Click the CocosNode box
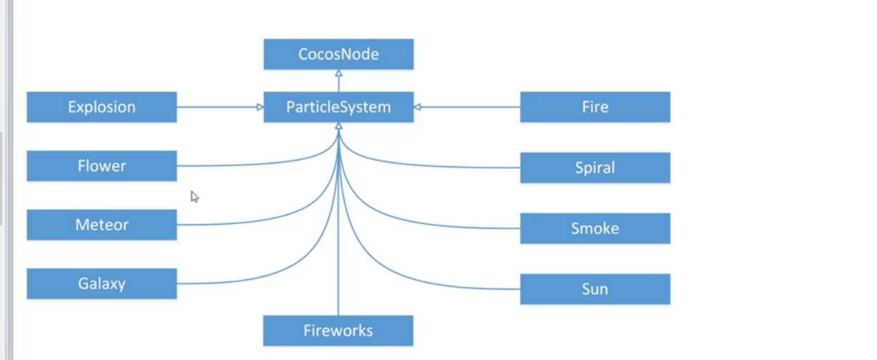pyautogui.click(x=338, y=54)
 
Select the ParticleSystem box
pyautogui.click(x=338, y=107)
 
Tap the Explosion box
pyautogui.click(x=102, y=107)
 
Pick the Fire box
pyautogui.click(x=595, y=107)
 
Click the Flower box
pyautogui.click(x=102, y=166)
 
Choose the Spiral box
pyautogui.click(x=595, y=168)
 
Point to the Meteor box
pyautogui.click(x=102, y=225)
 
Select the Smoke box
pyautogui.click(x=595, y=228)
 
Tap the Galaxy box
pyautogui.click(x=102, y=283)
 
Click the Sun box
pyautogui.click(x=595, y=289)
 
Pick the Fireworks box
pyautogui.click(x=338, y=331)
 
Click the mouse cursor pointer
pyautogui.click(x=194, y=196)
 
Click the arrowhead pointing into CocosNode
pyautogui.click(x=338, y=74)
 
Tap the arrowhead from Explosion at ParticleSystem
pyautogui.click(x=260, y=107)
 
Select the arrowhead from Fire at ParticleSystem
pyautogui.click(x=418, y=107)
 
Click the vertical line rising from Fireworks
pyautogui.click(x=338, y=272)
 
